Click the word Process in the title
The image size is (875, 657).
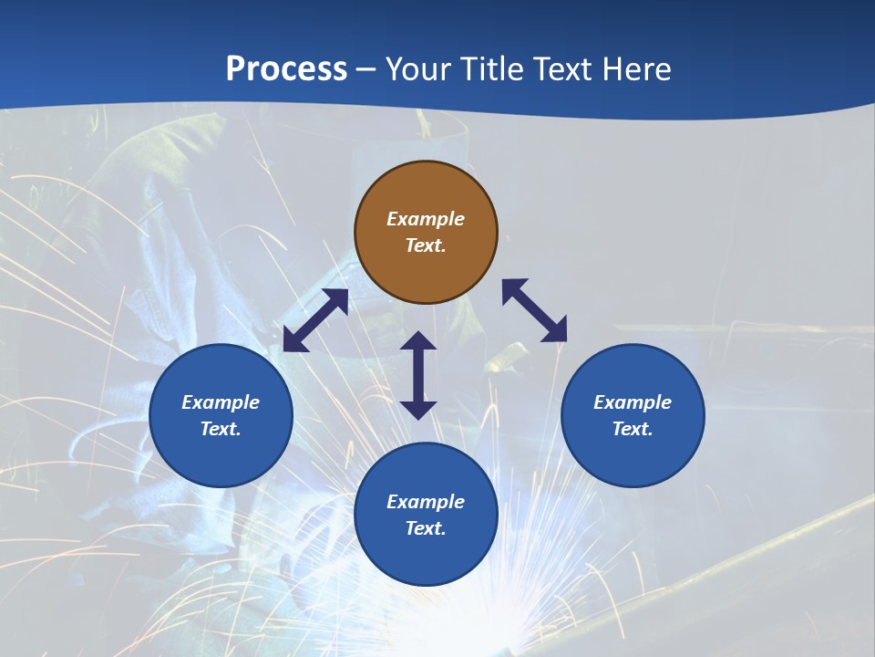point(286,69)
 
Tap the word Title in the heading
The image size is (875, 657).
point(494,69)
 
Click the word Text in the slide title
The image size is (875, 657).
point(565,69)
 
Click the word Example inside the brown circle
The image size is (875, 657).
point(426,219)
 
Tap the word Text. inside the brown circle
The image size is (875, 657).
point(426,245)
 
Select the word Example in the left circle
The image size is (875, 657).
point(221,402)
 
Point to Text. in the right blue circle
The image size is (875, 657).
point(633,429)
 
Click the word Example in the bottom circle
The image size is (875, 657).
point(426,502)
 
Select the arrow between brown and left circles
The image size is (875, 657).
point(315,320)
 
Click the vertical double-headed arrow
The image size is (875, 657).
point(418,375)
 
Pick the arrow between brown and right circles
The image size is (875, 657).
point(534,310)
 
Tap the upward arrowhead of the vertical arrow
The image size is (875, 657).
point(418,340)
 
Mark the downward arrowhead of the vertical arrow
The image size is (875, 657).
point(418,410)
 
